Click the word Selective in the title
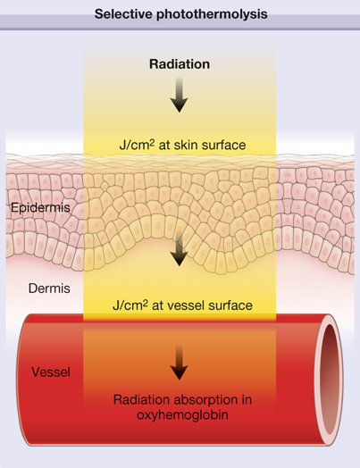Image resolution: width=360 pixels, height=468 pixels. pyautogui.click(x=124, y=13)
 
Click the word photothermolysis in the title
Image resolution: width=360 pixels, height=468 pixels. pyautogui.click(x=212, y=14)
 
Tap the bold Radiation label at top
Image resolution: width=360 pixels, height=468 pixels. pyautogui.click(x=180, y=64)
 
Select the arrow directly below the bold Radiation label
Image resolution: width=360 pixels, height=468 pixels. pyautogui.click(x=179, y=95)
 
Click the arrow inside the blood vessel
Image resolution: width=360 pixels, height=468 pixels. pyautogui.click(x=179, y=363)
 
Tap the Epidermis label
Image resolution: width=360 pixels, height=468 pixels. pyautogui.click(x=40, y=208)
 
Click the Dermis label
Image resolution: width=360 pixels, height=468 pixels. pyautogui.click(x=49, y=288)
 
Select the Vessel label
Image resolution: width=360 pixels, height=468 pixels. pyautogui.click(x=51, y=372)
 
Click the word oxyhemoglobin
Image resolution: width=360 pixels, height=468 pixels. pyautogui.click(x=182, y=415)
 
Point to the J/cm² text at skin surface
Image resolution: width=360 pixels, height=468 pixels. pyautogui.click(x=137, y=145)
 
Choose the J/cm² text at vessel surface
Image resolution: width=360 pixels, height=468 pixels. pyautogui.click(x=130, y=305)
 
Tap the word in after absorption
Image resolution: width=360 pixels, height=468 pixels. pyautogui.click(x=247, y=399)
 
